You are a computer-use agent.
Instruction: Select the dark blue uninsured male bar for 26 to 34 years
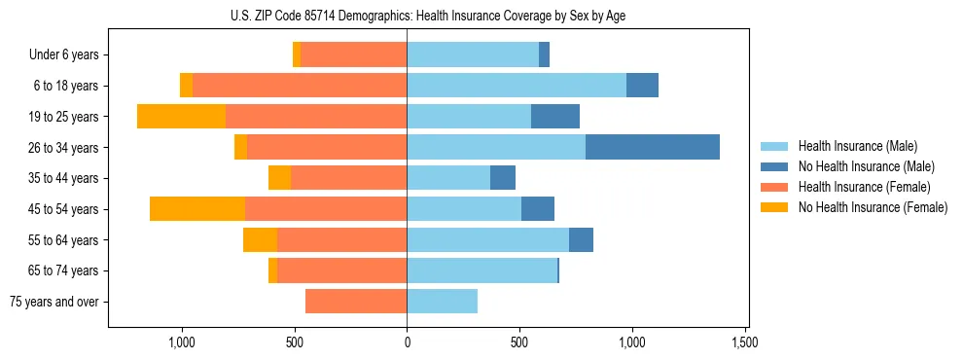point(653,147)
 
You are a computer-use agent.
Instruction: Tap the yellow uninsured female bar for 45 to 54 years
point(197,208)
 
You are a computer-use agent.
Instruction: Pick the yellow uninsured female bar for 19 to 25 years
point(181,117)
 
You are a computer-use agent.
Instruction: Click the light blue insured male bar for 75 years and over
point(443,302)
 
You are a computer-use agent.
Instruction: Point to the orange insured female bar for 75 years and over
point(356,302)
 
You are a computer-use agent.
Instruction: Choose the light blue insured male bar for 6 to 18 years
point(517,86)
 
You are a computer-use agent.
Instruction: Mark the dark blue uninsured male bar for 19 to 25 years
point(555,117)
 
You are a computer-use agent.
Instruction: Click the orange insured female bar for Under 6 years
point(354,54)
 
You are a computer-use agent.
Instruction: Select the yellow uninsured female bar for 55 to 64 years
point(260,239)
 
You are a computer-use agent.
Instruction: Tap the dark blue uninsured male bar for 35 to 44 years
point(503,178)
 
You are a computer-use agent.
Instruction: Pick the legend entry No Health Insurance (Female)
point(873,207)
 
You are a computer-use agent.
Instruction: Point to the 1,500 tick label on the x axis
point(745,342)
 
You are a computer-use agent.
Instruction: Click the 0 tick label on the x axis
point(407,342)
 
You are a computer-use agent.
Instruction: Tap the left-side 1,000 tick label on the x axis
point(182,342)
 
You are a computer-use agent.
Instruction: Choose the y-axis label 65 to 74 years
point(65,270)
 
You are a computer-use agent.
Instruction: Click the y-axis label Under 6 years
point(64,54)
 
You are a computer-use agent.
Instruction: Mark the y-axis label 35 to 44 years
point(65,178)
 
